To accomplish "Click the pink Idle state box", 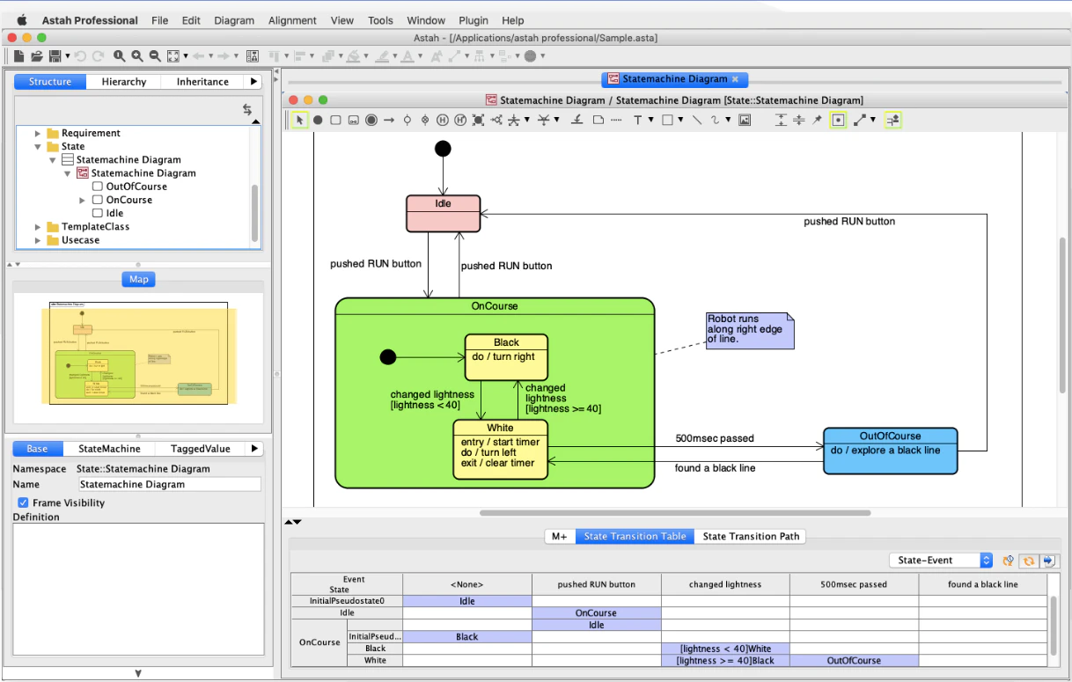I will (443, 214).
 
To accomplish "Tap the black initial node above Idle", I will (443, 149).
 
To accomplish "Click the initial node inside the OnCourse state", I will (386, 356).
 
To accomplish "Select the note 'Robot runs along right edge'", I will (749, 329).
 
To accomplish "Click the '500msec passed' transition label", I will (714, 438).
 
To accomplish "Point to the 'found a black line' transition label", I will (715, 468).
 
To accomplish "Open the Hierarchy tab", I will (123, 82).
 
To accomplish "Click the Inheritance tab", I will (202, 82).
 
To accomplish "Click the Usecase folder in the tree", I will (79, 240).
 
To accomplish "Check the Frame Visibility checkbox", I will (24, 502).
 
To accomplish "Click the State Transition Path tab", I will (751, 536).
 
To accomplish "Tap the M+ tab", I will (560, 536).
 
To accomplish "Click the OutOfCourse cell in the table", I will (854, 660).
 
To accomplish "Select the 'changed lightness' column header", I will (725, 584).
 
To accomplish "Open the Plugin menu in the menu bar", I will (474, 20).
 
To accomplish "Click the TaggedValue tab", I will (200, 449).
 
